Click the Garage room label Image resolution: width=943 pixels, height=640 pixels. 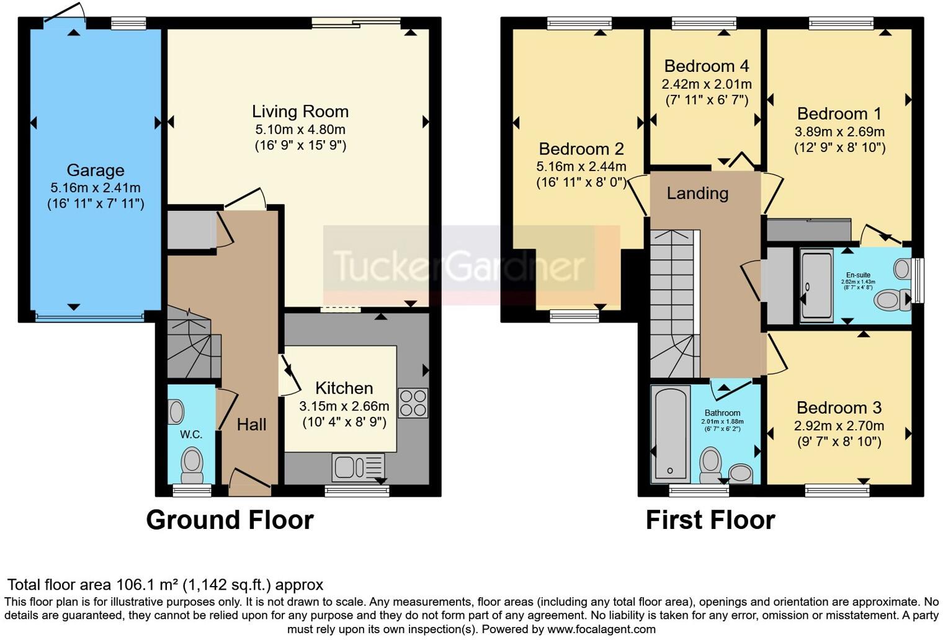[96, 171]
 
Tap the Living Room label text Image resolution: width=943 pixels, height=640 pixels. [300, 112]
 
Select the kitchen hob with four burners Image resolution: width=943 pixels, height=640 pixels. [413, 402]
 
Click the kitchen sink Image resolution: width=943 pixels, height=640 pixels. [358, 466]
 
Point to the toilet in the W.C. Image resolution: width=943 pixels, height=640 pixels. [192, 465]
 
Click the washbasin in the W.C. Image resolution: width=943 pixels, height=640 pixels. [176, 412]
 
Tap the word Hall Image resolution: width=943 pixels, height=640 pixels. [251, 425]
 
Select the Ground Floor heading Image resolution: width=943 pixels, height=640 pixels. [230, 520]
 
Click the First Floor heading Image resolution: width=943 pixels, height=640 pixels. [710, 520]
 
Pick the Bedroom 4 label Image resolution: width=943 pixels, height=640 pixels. [707, 66]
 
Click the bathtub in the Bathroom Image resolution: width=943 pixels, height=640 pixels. [670, 434]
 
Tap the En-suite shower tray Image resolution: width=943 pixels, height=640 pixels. [816, 285]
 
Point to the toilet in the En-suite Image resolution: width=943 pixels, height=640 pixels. [892, 300]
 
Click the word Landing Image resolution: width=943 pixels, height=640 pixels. [697, 193]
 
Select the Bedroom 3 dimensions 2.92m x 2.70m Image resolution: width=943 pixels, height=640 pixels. [839, 426]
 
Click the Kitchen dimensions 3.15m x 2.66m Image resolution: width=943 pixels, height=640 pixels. [344, 406]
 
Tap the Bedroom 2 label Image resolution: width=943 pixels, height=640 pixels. [581, 149]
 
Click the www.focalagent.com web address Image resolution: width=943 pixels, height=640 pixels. [601, 629]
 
